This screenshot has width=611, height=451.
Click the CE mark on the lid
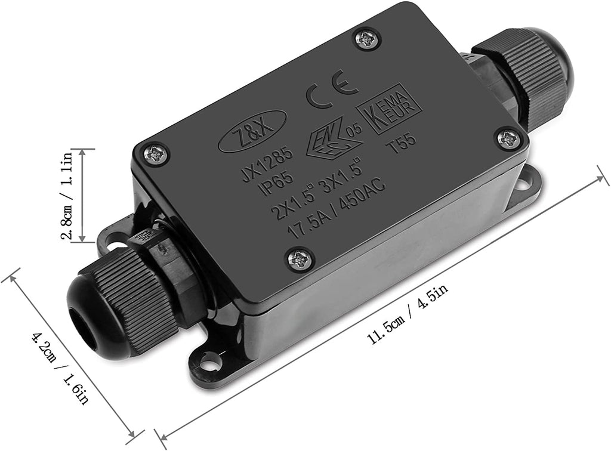(332, 89)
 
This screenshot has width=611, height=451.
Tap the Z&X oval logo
(252, 131)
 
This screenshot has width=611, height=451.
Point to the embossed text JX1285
(267, 163)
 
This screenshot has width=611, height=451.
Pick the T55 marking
(400, 144)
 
